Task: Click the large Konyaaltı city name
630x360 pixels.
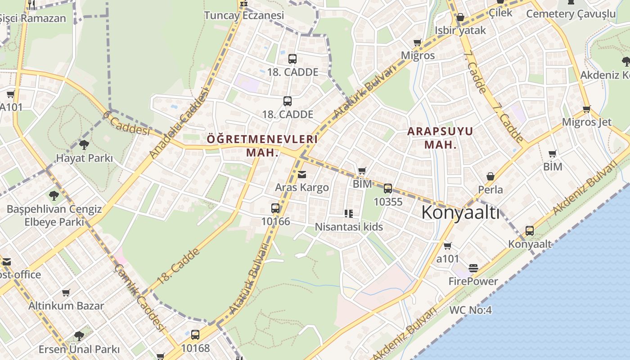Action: click(460, 212)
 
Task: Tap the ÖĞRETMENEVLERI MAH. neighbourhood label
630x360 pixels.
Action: click(262, 145)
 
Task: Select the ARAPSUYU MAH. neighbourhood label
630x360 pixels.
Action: click(440, 138)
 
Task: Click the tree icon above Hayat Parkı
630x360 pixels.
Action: click(84, 145)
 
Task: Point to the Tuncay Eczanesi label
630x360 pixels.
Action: click(244, 16)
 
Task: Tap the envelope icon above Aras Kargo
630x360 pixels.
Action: click(302, 175)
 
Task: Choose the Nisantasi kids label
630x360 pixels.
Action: click(349, 227)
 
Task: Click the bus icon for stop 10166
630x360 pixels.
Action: click(275, 208)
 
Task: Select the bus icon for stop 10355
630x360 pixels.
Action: click(388, 189)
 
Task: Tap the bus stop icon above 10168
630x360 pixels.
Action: click(195, 335)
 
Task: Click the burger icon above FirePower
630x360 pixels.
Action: click(473, 268)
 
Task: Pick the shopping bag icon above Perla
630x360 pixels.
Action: click(490, 177)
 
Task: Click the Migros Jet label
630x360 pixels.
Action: click(587, 122)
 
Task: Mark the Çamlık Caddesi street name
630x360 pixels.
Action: click(139, 297)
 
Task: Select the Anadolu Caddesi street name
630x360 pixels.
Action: click(180, 122)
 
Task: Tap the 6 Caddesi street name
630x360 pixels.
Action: click(126, 123)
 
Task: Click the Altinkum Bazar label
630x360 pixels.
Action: click(66, 306)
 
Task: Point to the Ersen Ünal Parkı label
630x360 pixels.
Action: click(79, 349)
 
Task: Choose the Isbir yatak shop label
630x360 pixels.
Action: click(460, 31)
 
